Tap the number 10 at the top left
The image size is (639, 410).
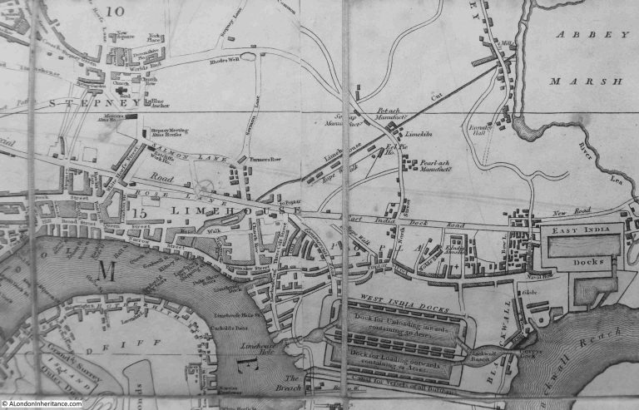[x=114, y=12]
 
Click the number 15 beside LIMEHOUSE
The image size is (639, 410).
[x=138, y=215]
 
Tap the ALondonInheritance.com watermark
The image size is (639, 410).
[x=42, y=404]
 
